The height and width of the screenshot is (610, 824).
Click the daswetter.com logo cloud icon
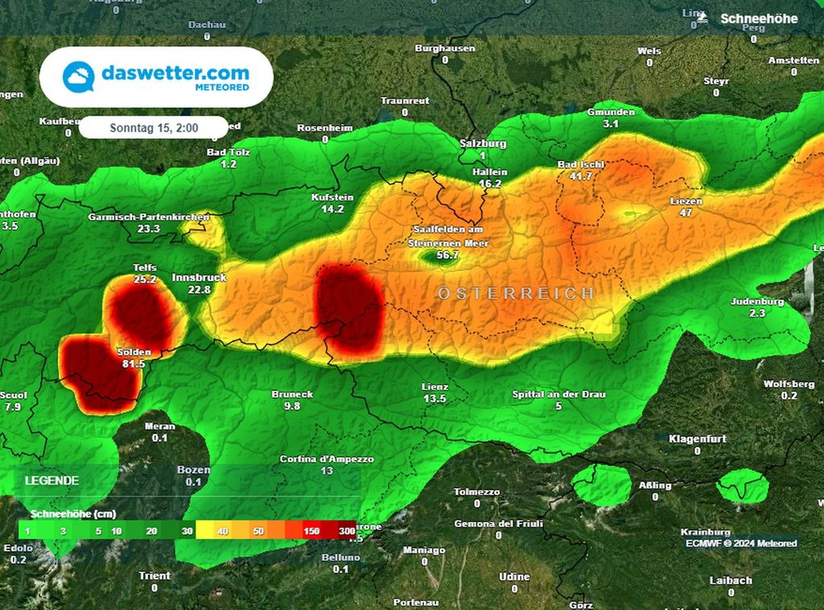click(79, 77)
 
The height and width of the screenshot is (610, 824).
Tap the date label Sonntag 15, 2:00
click(154, 127)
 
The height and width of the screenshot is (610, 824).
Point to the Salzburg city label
click(483, 143)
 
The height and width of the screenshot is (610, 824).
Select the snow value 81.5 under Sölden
click(134, 364)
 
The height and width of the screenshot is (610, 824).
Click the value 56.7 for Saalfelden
click(447, 255)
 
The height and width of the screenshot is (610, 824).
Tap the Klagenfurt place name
click(698, 439)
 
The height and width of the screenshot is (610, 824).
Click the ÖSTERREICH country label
click(517, 293)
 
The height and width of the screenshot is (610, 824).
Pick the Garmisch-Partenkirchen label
click(149, 217)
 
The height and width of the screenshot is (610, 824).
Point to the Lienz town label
click(435, 387)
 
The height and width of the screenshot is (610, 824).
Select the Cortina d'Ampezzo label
click(327, 459)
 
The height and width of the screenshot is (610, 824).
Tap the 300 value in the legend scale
click(347, 531)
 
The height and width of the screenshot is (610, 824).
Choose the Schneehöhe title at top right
click(759, 18)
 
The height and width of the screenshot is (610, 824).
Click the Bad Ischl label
click(581, 164)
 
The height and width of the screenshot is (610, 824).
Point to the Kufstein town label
click(332, 197)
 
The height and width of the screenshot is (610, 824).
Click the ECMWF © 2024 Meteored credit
click(741, 543)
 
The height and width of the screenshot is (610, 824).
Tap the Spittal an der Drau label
click(558, 394)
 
